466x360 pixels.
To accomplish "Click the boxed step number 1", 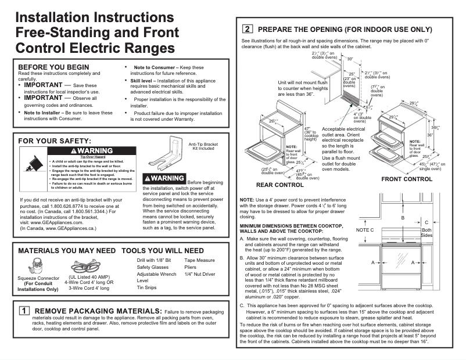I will [x=24, y=311].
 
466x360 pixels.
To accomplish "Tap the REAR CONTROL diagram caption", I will [x=281, y=184].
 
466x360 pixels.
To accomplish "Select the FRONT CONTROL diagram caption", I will [x=407, y=179].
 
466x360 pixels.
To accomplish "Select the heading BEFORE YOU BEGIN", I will [x=53, y=67].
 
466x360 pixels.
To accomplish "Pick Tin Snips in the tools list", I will [x=148, y=287].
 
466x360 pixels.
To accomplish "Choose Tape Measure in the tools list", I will [x=199, y=261].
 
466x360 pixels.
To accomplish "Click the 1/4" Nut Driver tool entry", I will [x=199, y=273].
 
